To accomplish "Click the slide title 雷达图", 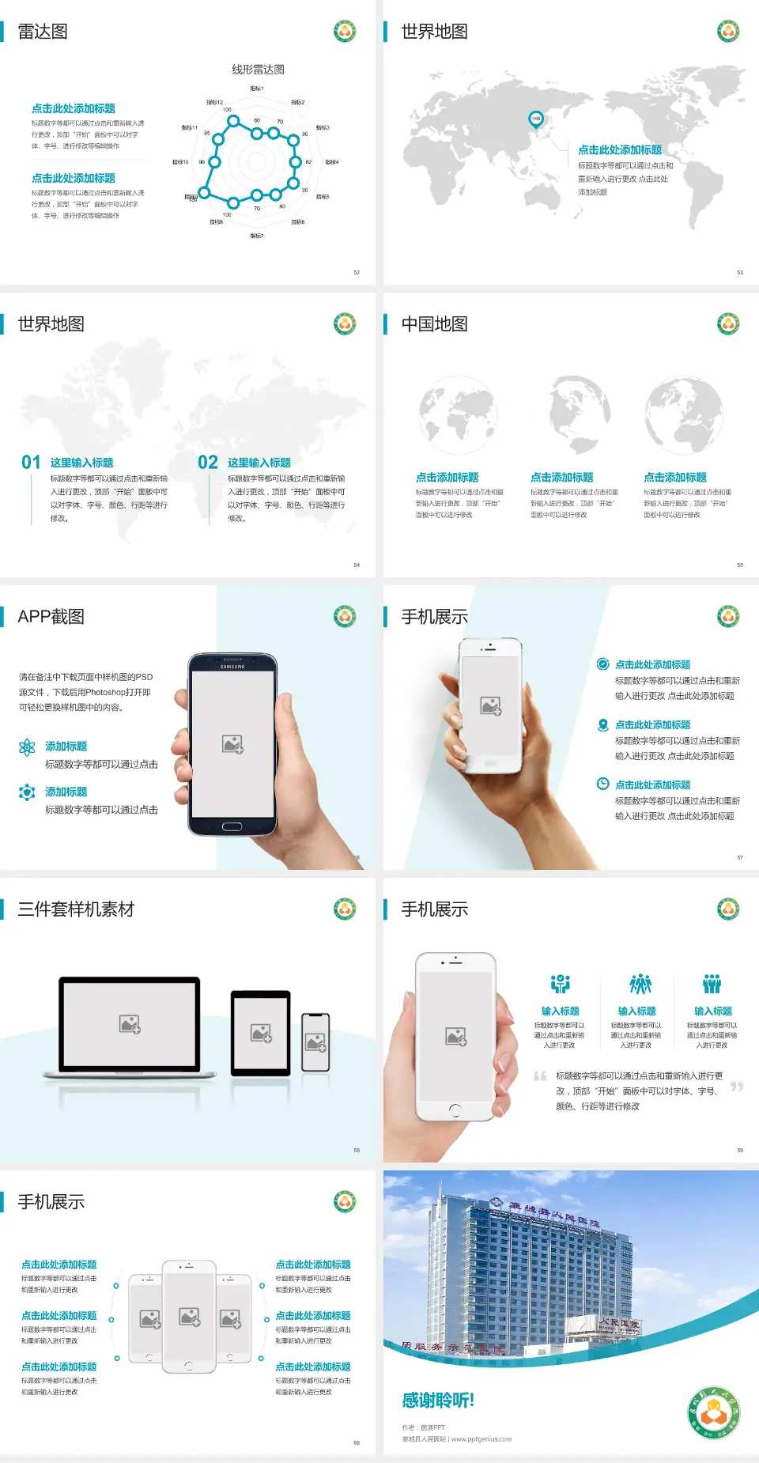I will (x=43, y=32).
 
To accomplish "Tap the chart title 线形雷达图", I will (x=258, y=70).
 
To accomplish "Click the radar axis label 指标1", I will (x=257, y=89).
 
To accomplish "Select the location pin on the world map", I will (x=535, y=119).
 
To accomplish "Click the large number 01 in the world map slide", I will (x=31, y=463).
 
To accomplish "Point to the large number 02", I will (x=208, y=463).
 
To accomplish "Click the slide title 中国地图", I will (x=434, y=324).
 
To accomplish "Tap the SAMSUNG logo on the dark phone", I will (x=232, y=667).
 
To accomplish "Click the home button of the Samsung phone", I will (x=232, y=826).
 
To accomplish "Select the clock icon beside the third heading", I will (x=602, y=784).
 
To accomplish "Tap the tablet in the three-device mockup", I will (x=261, y=1032).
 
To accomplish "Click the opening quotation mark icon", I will (x=540, y=1076).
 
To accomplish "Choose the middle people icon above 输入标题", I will (x=640, y=984).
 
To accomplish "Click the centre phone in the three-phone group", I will (x=189, y=1316).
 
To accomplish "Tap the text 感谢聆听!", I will (x=438, y=1401).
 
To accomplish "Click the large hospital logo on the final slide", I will (x=714, y=1413).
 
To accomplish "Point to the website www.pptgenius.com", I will (x=481, y=1439).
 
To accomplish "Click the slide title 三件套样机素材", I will (x=76, y=909).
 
